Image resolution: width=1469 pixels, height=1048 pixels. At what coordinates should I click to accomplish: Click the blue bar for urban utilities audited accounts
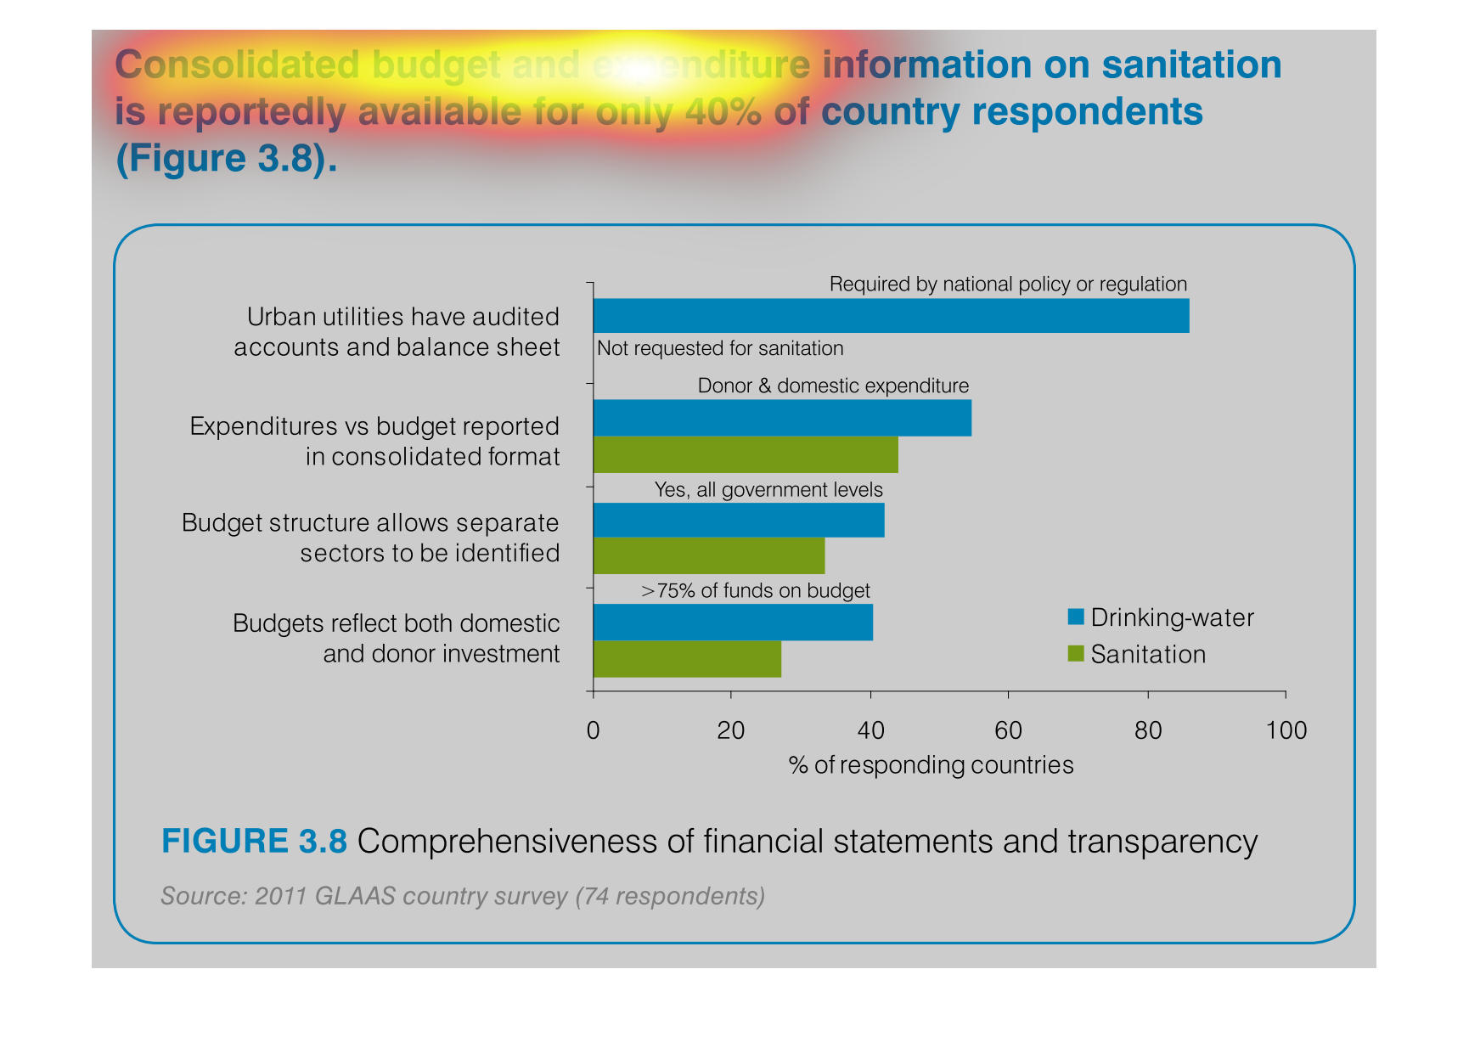coord(891,315)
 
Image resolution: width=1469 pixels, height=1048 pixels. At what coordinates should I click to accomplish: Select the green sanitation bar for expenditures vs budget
coord(746,454)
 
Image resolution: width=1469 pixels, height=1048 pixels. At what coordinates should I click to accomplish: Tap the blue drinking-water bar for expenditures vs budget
coord(782,418)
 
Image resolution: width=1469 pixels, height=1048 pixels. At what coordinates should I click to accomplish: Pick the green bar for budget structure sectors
coord(709,555)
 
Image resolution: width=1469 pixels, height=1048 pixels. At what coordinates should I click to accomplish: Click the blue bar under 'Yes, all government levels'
coord(739,520)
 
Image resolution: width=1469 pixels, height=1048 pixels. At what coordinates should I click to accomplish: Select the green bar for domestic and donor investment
coord(687,659)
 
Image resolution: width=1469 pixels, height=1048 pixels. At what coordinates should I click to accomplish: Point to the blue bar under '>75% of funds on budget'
coord(733,622)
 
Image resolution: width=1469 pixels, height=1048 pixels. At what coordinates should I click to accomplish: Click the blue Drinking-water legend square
coord(1076,617)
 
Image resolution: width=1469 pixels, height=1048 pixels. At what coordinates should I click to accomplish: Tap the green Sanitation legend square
coord(1076,653)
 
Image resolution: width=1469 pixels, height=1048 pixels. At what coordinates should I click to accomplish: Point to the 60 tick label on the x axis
coord(1008,730)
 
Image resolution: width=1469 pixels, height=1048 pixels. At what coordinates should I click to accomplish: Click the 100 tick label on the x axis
coord(1286,730)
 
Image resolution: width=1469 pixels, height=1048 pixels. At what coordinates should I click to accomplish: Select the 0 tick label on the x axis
coord(593,730)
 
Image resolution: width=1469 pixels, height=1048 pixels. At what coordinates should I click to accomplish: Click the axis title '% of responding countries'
coord(931,765)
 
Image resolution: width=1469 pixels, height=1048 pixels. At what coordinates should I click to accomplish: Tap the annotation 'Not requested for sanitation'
coord(720,348)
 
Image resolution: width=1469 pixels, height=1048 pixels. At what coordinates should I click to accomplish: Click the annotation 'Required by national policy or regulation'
coord(1008,284)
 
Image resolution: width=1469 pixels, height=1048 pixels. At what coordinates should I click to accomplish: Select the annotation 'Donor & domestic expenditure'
coord(833,386)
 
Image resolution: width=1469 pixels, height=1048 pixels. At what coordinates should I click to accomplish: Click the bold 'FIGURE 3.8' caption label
coord(254,841)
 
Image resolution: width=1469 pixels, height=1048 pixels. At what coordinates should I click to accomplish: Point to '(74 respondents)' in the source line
coord(670,896)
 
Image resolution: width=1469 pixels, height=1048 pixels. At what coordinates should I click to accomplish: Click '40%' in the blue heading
coord(723,111)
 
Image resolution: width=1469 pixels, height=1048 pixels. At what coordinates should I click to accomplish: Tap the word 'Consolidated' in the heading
coord(237,65)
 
